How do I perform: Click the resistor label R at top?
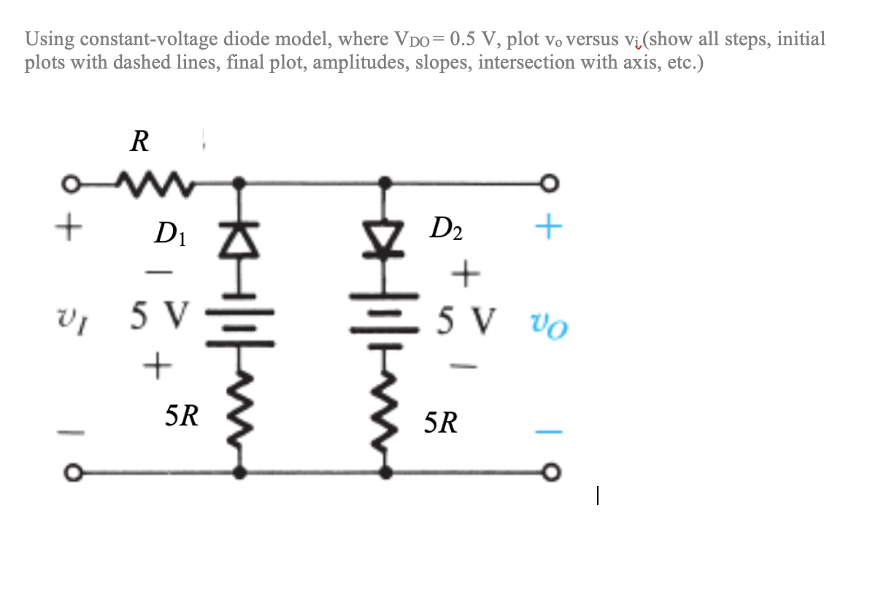[139, 141]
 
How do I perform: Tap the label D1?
[169, 236]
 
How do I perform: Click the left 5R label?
[181, 416]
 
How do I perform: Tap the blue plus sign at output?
[549, 228]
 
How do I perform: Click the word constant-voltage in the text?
[142, 39]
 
